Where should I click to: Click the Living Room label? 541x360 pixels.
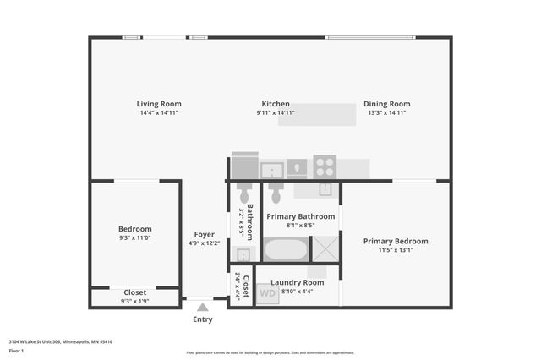(x=159, y=104)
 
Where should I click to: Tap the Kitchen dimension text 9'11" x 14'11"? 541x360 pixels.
(x=276, y=112)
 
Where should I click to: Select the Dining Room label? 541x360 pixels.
(x=387, y=104)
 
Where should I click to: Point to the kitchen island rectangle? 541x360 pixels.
(x=317, y=115)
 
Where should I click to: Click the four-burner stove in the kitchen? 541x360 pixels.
(x=325, y=166)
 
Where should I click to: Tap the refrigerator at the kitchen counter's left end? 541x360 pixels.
(x=245, y=166)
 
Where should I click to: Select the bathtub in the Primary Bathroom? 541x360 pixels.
(x=286, y=249)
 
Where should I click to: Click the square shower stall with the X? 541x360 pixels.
(x=325, y=248)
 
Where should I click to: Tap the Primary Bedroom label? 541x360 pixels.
(x=396, y=241)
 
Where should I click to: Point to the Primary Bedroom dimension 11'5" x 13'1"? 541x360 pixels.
(x=396, y=250)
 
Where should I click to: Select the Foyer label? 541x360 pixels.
(x=204, y=234)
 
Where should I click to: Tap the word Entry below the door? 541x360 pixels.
(x=203, y=319)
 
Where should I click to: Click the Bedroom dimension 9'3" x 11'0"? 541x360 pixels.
(x=135, y=239)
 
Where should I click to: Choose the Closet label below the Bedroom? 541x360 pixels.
(x=135, y=292)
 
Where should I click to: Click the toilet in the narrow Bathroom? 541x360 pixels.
(x=244, y=188)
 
